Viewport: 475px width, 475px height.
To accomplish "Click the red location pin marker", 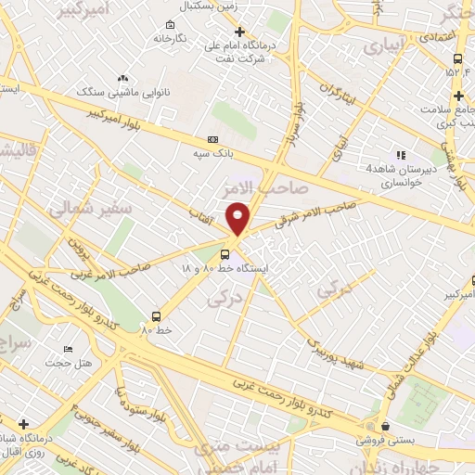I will (238, 217).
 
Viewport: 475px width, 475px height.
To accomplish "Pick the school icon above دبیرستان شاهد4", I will (400, 155).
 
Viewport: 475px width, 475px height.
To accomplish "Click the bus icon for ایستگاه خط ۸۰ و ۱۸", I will (226, 253).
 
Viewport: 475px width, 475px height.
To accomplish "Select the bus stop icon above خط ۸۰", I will (156, 316).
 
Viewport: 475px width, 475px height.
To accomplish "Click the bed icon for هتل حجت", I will (69, 349).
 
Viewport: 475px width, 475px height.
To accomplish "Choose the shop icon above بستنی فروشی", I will (384, 426).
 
